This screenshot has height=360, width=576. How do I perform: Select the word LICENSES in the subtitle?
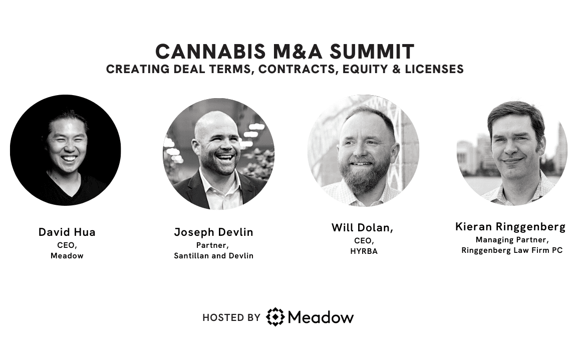click(x=434, y=69)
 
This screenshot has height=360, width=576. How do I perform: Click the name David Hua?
click(x=67, y=232)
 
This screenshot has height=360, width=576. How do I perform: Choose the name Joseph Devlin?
click(x=213, y=232)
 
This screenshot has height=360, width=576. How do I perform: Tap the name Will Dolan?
click(x=361, y=228)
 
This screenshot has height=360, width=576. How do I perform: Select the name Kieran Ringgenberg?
click(x=510, y=227)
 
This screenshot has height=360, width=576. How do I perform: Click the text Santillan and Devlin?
click(x=213, y=256)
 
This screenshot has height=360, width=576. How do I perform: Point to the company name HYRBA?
click(x=364, y=251)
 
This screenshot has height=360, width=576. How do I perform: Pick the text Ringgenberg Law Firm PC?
click(x=512, y=250)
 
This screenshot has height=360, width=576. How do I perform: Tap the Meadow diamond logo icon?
click(x=275, y=316)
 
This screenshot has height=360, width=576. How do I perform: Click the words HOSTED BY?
click(x=231, y=318)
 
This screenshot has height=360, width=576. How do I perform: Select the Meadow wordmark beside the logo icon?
click(x=321, y=317)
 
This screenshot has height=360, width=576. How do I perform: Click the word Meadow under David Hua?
click(x=67, y=256)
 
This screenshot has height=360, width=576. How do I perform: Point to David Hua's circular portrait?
click(x=66, y=150)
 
